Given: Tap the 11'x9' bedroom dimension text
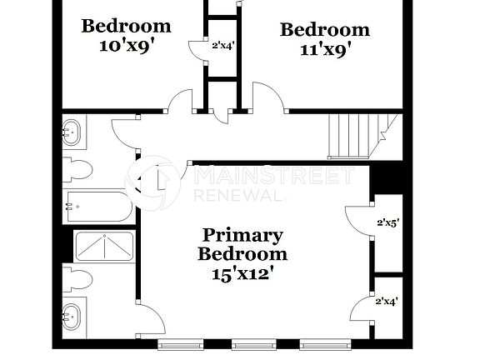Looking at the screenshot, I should click(324, 49).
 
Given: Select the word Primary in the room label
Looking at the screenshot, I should click(242, 235).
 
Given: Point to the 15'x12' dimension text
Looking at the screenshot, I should click(242, 272).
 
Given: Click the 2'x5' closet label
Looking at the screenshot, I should click(388, 222).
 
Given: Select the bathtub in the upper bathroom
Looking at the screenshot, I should click(99, 205).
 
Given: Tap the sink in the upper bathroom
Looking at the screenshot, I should click(72, 131).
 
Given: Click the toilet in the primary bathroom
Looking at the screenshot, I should click(76, 280).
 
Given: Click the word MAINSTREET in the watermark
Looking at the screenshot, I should click(275, 177).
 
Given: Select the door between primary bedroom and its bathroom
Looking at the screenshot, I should click(150, 319).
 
